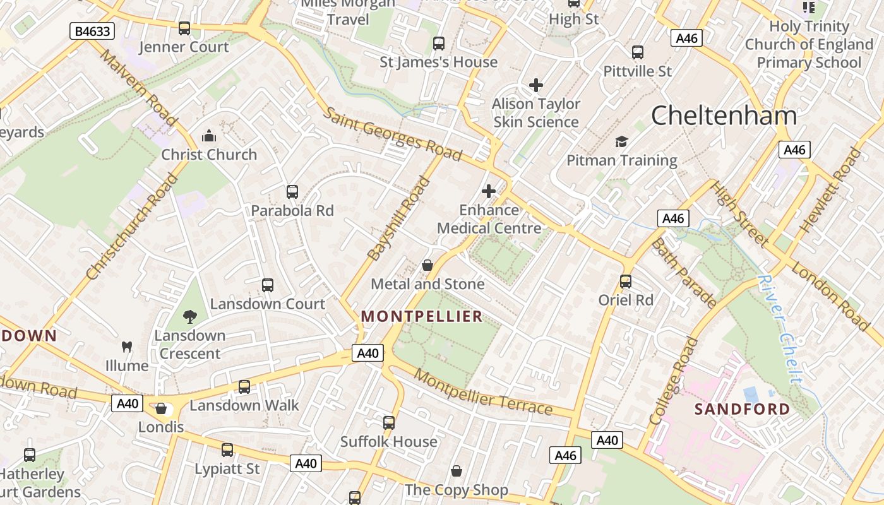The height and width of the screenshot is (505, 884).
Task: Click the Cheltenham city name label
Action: [724, 116]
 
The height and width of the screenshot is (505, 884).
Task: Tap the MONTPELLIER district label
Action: [422, 316]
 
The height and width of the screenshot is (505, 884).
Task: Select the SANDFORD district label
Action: [743, 409]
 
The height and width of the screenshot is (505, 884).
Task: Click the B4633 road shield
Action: [92, 31]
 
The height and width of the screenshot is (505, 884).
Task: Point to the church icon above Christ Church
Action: [208, 136]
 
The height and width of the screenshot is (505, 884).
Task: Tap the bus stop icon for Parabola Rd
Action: [292, 192]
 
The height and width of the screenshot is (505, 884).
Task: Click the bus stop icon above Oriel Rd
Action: [626, 282]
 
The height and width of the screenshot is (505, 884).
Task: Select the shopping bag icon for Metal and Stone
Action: [427, 265]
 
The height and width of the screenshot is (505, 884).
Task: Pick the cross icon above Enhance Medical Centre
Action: [489, 191]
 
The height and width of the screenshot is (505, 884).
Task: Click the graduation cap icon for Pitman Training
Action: [622, 141]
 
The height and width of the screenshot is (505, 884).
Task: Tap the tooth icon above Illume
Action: [127, 347]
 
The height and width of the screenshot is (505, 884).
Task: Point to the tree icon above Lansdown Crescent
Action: [189, 317]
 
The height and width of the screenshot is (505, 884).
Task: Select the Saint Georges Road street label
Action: [392, 134]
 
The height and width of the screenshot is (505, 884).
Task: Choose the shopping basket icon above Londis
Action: [161, 408]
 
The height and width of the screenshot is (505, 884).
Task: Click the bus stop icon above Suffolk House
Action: [389, 422]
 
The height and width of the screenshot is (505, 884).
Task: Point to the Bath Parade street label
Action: [683, 272]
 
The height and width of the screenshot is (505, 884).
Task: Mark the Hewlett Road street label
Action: [830, 189]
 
